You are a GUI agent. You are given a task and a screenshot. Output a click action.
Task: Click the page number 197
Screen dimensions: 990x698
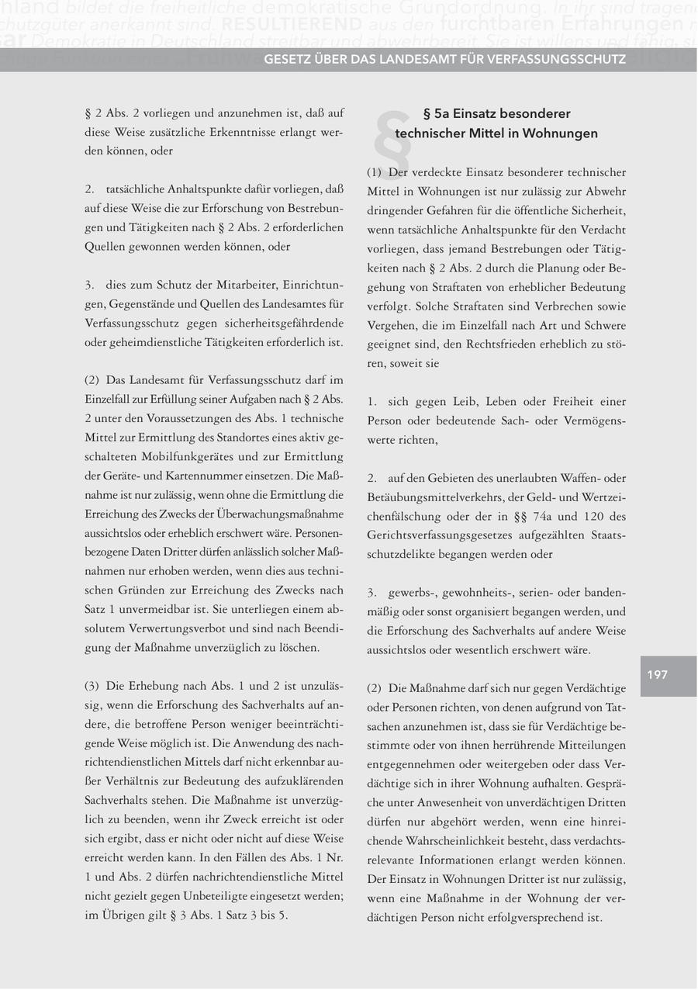coord(658,675)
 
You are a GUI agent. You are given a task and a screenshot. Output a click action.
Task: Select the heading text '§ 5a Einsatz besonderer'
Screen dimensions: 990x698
coord(496,113)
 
